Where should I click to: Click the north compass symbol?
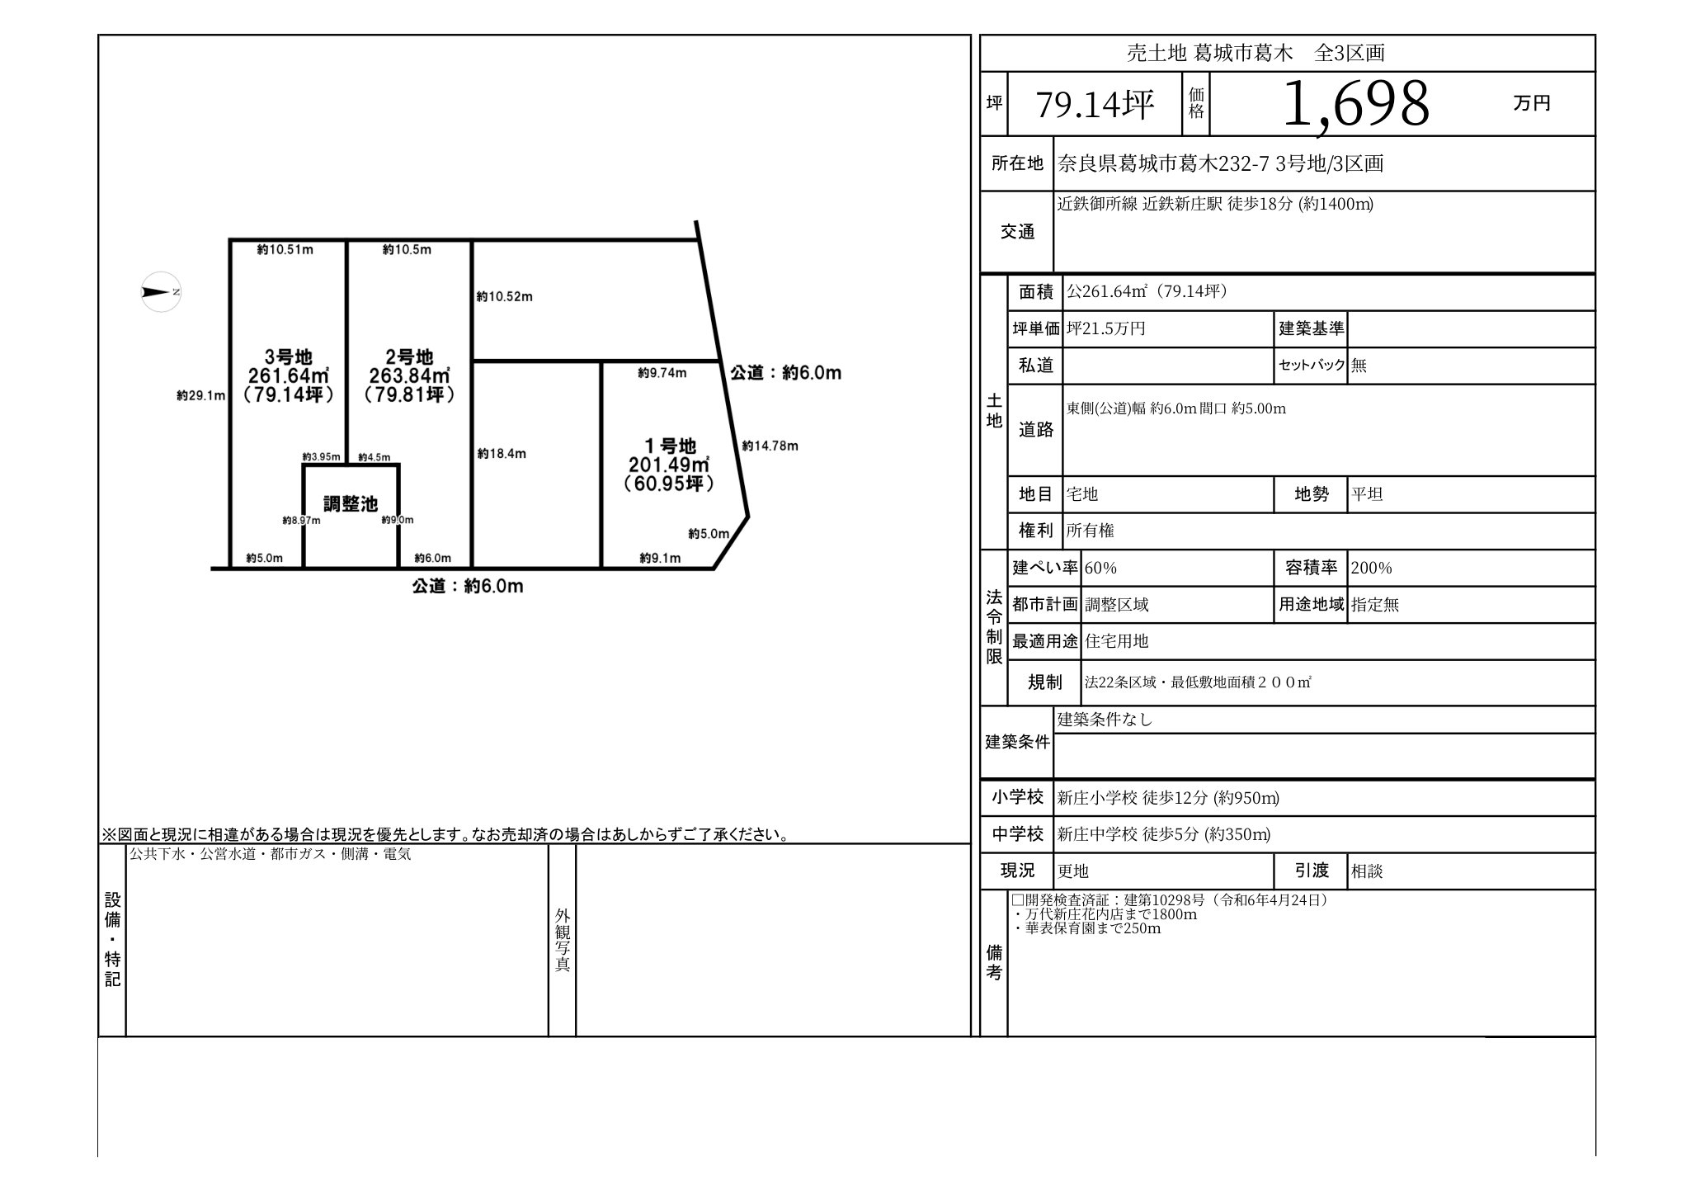pyautogui.click(x=161, y=292)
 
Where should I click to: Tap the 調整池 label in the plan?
pyautogui.click(x=350, y=503)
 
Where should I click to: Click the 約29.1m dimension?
pyautogui.click(x=200, y=396)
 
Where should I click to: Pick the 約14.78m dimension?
pyautogui.click(x=770, y=446)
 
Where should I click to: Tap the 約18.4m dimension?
pyautogui.click(x=502, y=454)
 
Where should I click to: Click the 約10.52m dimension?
pyautogui.click(x=504, y=297)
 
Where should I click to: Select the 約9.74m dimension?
pyautogui.click(x=662, y=373)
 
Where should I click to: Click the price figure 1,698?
pyautogui.click(x=1355, y=105)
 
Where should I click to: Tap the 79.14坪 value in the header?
pyautogui.click(x=1095, y=105)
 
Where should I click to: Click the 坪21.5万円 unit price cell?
pyautogui.click(x=1106, y=329)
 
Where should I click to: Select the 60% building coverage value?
pyautogui.click(x=1100, y=569)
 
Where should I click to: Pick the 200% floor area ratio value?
pyautogui.click(x=1371, y=569)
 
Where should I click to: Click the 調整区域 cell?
pyautogui.click(x=1117, y=605)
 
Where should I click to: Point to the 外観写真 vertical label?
pyautogui.click(x=563, y=940)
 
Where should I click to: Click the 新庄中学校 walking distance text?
pyautogui.click(x=1163, y=834)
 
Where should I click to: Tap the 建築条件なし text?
pyautogui.click(x=1105, y=720)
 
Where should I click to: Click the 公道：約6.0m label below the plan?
pyautogui.click(x=468, y=587)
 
